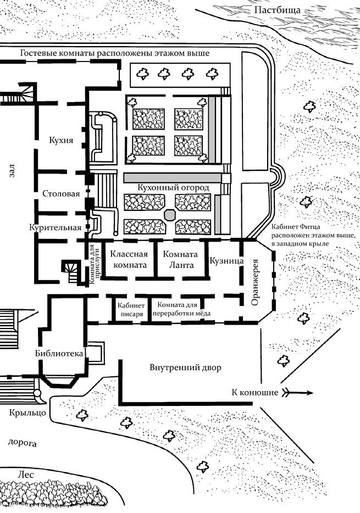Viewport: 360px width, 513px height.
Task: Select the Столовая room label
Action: [61, 194]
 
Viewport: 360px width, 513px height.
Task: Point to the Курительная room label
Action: [56, 227]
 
